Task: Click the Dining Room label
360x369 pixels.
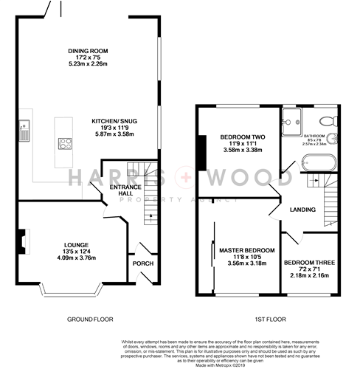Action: pos(88,51)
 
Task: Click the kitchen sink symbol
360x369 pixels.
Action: pos(25,130)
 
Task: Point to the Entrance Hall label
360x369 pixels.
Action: pos(120,188)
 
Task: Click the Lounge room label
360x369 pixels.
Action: pos(77,244)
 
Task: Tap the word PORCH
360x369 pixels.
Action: pos(141,263)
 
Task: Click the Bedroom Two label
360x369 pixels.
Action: pos(238,137)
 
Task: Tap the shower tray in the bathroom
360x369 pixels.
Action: pos(290,120)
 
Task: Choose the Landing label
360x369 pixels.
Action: pos(302,210)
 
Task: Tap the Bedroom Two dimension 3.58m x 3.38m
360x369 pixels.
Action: pos(238,151)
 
